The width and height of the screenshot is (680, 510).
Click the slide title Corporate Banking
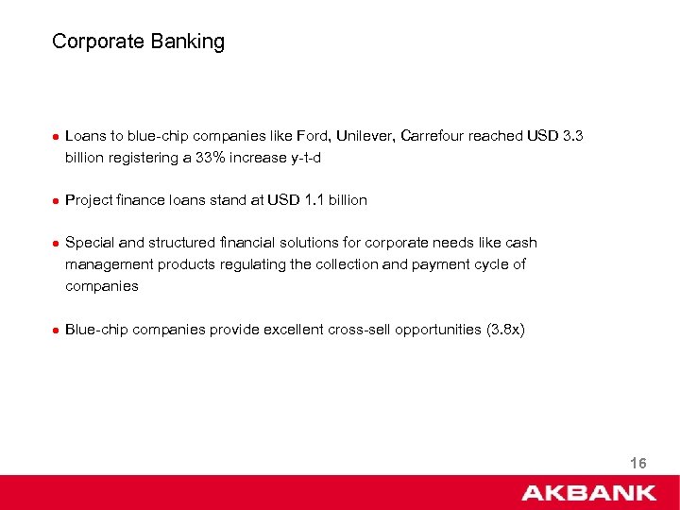pyautogui.click(x=139, y=42)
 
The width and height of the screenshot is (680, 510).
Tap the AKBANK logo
pyautogui.click(x=588, y=492)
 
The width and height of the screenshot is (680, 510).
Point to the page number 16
pyautogui.click(x=637, y=463)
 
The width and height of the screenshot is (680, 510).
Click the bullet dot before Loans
pyautogui.click(x=56, y=137)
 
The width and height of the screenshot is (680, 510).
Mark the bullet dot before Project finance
pyautogui.click(x=56, y=201)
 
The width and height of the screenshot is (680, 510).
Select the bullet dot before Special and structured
pyautogui.click(x=56, y=244)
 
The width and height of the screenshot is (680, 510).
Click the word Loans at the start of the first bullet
pyautogui.click(x=85, y=136)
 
